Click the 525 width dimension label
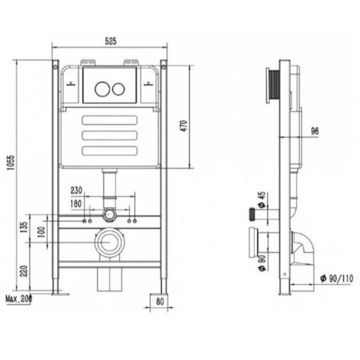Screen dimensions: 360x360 (110, 41)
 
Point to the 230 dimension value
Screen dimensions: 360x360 (76, 191)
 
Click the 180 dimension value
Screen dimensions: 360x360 (76, 204)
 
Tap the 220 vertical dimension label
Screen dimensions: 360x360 (25, 272)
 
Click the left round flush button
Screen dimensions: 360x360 (102, 89)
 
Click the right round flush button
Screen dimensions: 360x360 (118, 89)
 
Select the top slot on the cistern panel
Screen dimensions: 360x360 (110, 120)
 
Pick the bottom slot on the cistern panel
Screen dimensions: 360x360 (110, 150)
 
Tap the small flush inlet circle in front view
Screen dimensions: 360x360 (110, 215)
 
